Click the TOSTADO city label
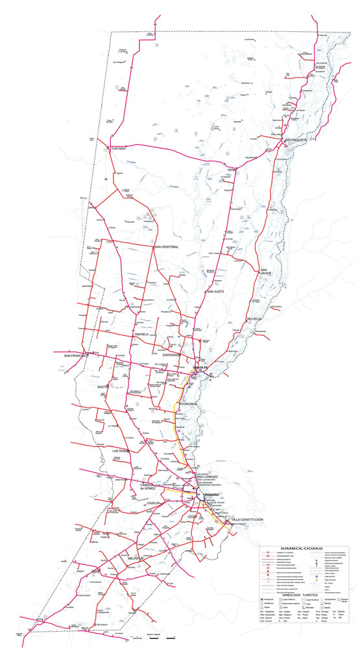pos(118,148)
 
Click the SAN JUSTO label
pos(215,292)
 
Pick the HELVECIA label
pos(254,320)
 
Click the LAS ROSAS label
pos(121,450)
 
